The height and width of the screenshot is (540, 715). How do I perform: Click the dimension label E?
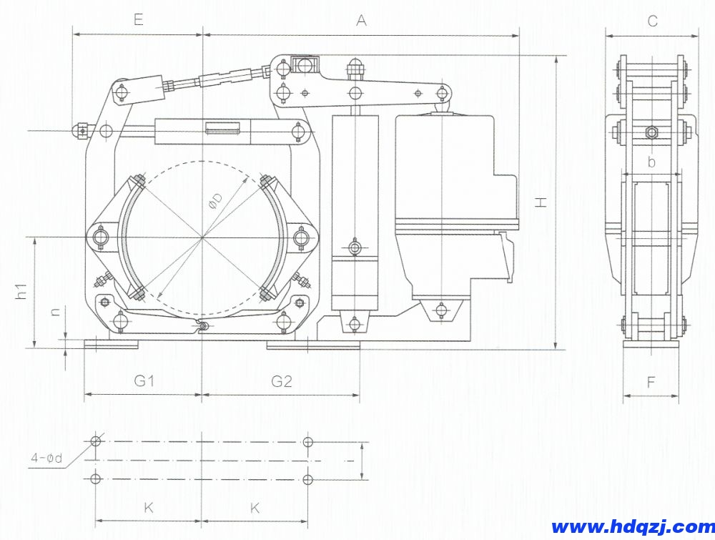coord(139,20)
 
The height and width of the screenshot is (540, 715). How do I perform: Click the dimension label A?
coord(361,20)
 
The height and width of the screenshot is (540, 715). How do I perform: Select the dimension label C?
coord(653,21)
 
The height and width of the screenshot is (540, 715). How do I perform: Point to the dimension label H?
coord(541,202)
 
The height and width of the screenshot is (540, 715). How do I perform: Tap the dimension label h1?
coord(21,291)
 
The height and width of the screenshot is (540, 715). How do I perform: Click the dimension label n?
coord(55,312)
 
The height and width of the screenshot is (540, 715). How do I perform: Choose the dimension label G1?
coord(144,381)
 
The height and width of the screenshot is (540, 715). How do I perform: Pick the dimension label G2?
coord(281,381)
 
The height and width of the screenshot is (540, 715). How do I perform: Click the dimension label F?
coord(651,382)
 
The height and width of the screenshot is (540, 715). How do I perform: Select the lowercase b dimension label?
coord(651,162)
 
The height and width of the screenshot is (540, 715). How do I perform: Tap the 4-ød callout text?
coord(46,458)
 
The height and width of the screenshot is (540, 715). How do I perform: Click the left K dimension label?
coord(149,508)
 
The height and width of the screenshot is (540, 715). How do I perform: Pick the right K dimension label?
coord(255,508)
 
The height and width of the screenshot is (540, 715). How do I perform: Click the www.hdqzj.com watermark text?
coord(633,527)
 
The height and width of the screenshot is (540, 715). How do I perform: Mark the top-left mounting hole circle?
coord(96,441)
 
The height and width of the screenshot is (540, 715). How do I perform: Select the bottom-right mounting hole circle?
coord(308,479)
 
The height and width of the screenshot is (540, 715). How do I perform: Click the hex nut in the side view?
coord(651,132)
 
